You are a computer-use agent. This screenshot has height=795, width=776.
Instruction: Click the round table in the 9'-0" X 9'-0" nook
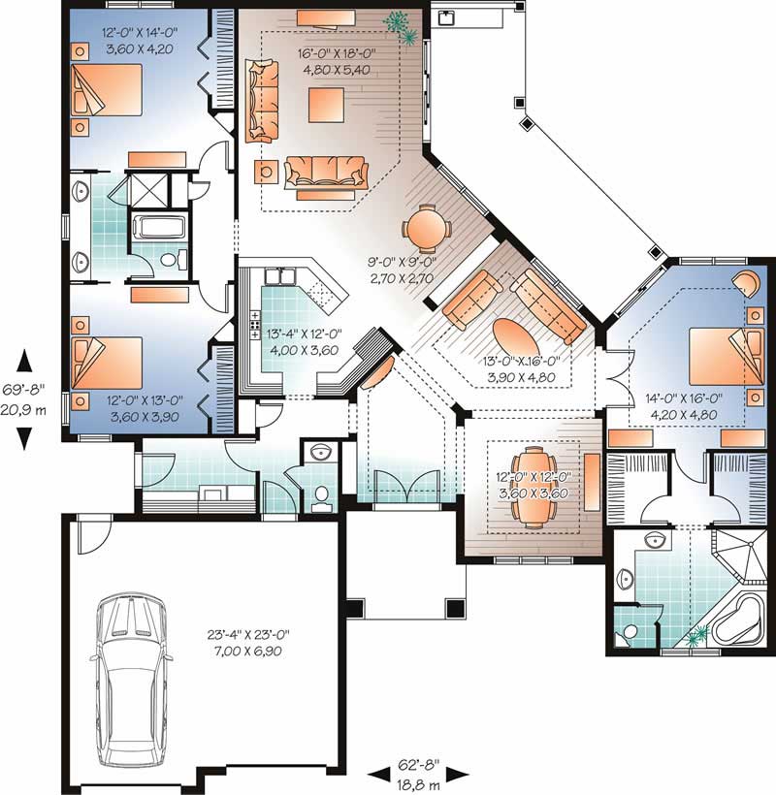click(427, 231)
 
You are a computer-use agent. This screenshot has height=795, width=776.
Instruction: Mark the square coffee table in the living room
click(327, 104)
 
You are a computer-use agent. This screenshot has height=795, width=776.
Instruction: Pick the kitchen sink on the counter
click(281, 279)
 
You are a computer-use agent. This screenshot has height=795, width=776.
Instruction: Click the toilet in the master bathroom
click(628, 633)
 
